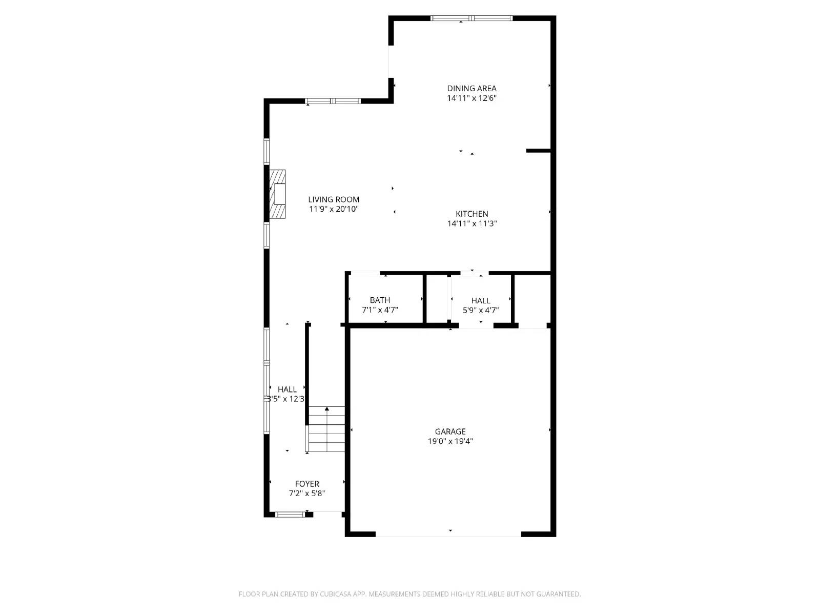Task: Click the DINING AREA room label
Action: [471, 88]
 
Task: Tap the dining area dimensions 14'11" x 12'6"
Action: [471, 98]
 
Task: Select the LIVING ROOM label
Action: [334, 199]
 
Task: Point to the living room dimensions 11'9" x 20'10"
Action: [334, 209]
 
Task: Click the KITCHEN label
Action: [471, 214]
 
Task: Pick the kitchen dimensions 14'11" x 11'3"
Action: [471, 223]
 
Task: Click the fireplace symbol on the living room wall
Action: [277, 195]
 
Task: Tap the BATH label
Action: [380, 300]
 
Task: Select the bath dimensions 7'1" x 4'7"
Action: [380, 310]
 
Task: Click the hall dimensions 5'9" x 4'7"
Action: [481, 310]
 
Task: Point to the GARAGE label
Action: [450, 432]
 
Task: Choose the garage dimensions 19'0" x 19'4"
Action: [450, 441]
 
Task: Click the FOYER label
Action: [307, 484]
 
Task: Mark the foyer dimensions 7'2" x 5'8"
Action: [307, 494]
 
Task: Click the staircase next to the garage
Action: [326, 429]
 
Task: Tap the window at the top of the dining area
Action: [471, 18]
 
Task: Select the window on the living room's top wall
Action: [333, 101]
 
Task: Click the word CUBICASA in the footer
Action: [335, 594]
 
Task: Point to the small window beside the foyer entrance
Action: [290, 514]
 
